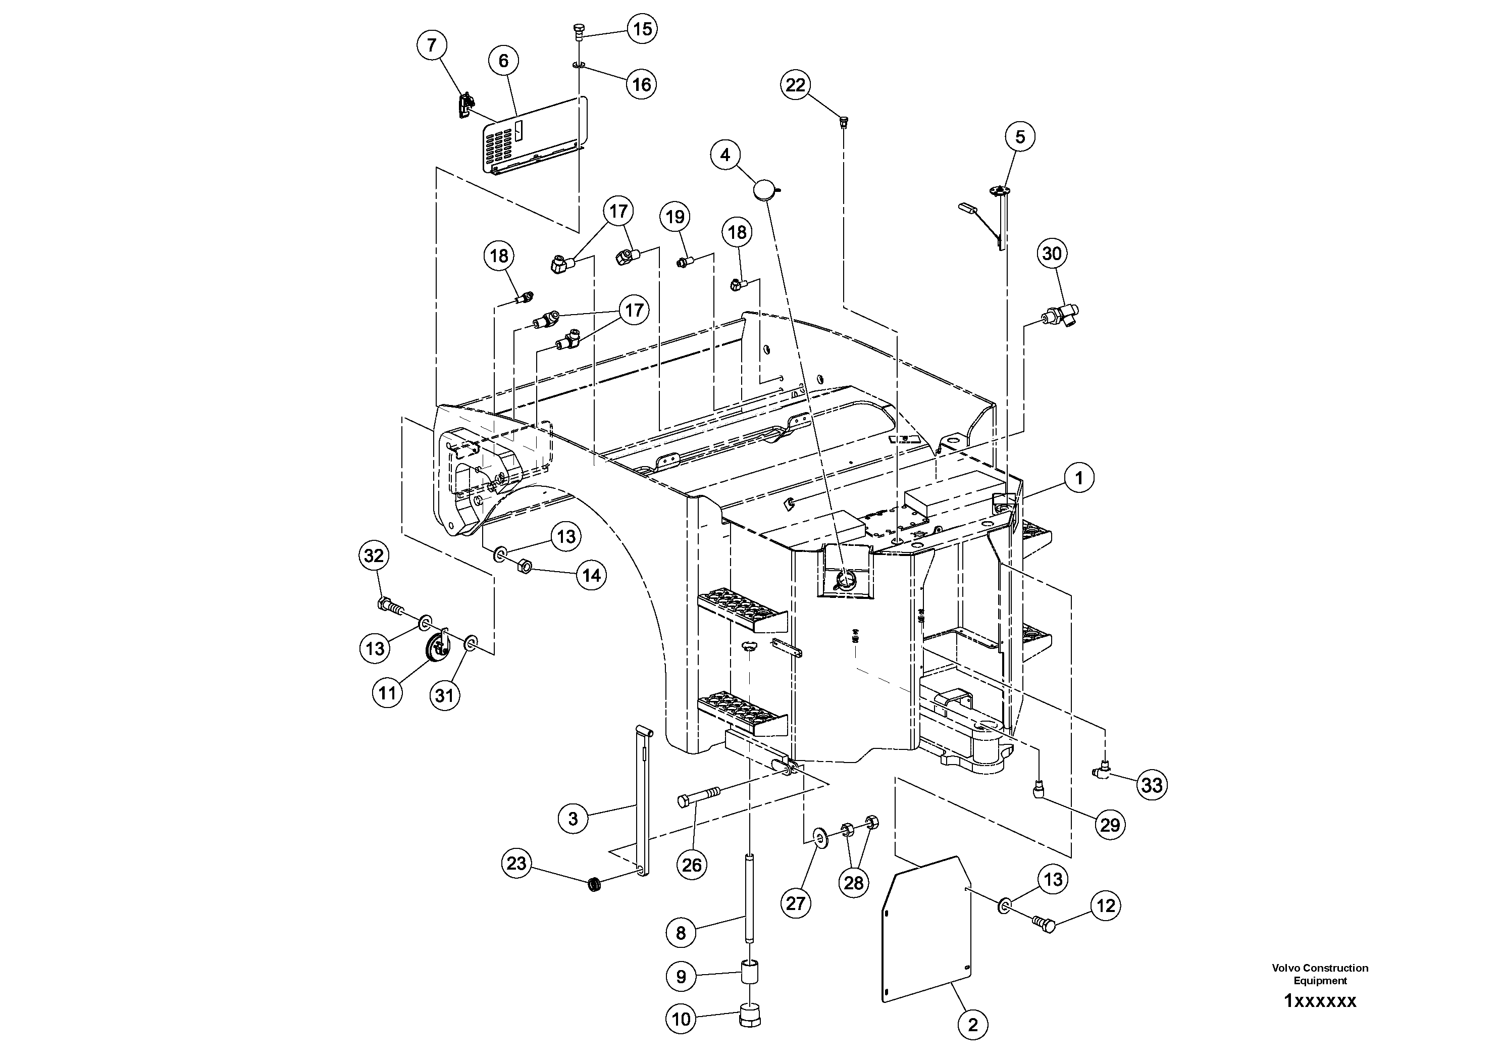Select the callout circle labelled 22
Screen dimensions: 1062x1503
click(x=795, y=85)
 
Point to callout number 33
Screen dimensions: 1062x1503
click(x=1152, y=784)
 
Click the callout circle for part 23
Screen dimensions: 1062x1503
click(x=516, y=864)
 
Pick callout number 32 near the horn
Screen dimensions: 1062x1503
click(x=373, y=556)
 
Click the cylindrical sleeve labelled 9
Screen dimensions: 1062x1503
click(x=750, y=972)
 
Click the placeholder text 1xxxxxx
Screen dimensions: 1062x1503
click(x=1320, y=1001)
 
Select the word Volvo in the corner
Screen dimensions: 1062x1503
click(x=1285, y=968)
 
